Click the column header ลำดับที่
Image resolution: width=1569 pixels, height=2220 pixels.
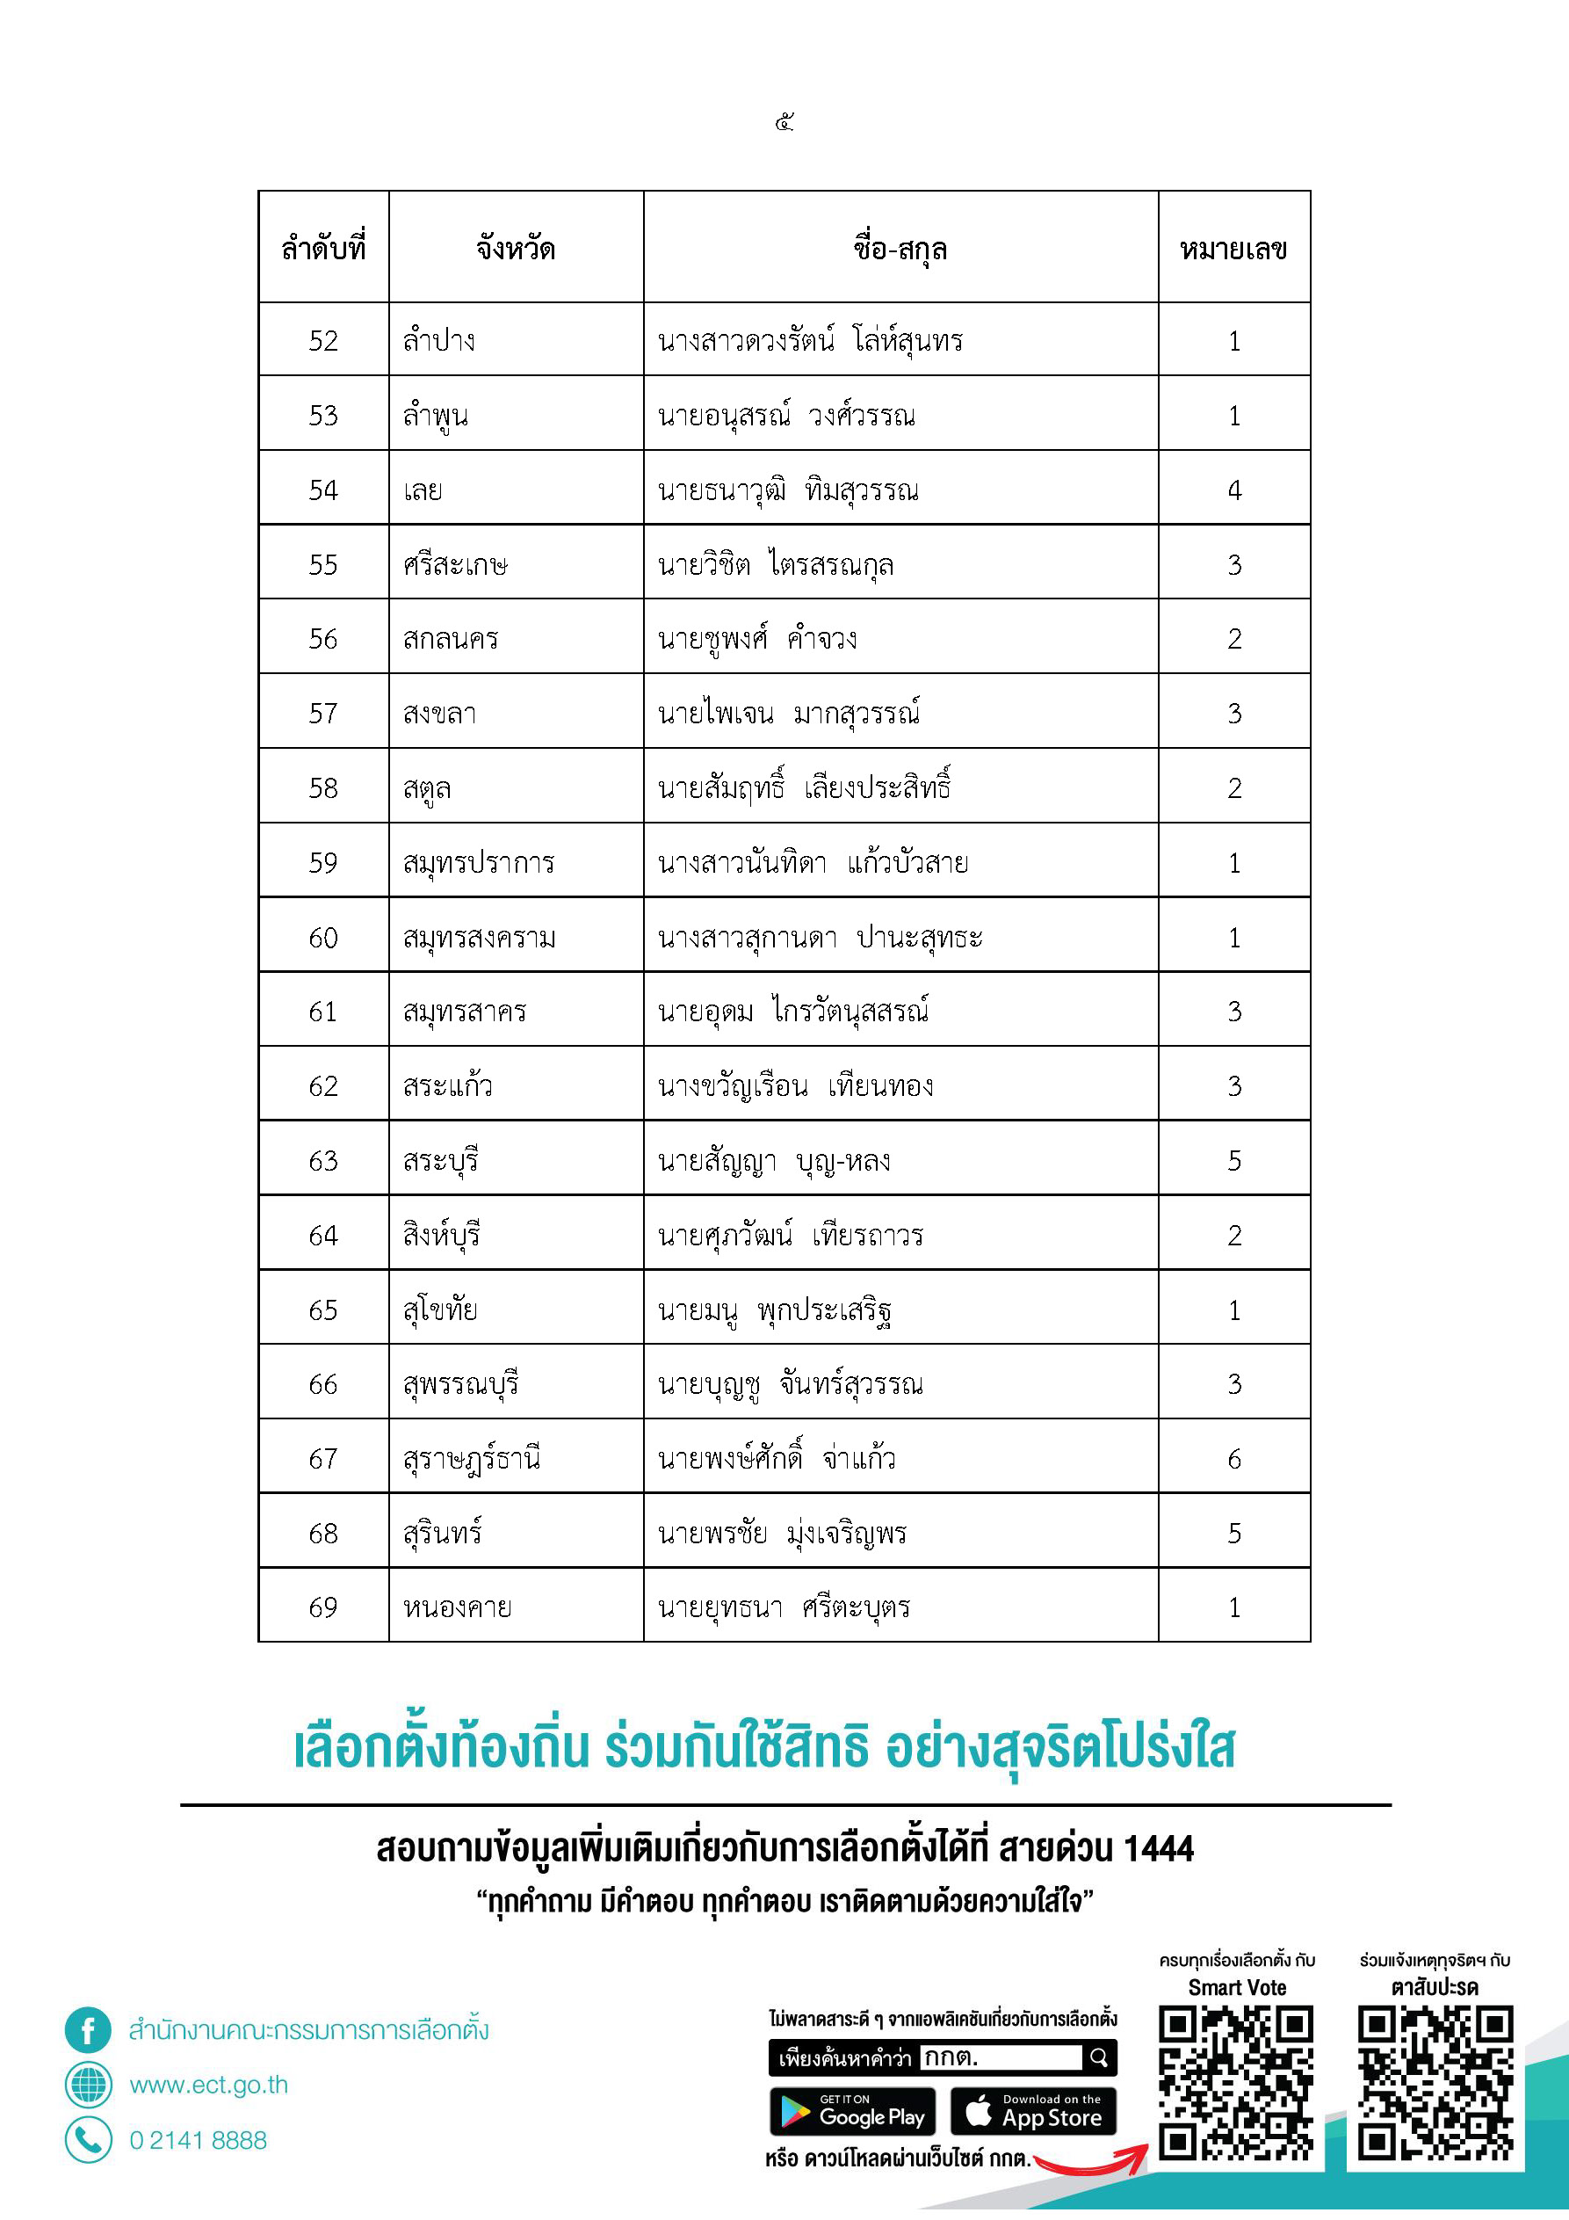[323, 249]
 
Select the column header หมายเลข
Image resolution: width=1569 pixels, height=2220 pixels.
[1233, 249]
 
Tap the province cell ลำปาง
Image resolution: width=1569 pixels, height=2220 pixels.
[439, 340]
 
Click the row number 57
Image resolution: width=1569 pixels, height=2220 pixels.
[323, 714]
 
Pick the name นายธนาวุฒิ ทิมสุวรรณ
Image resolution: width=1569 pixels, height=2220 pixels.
[788, 490]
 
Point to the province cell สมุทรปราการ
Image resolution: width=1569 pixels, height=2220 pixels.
[479, 862]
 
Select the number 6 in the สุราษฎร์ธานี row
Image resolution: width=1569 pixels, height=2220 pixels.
[1233, 1459]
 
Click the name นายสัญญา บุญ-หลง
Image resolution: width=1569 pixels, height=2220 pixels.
[774, 1160]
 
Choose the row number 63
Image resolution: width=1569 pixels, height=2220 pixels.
[323, 1160]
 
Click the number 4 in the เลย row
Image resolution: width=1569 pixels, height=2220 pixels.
[1233, 490]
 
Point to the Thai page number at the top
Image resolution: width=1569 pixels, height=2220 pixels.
[784, 122]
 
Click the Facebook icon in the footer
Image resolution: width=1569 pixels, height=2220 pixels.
[88, 2029]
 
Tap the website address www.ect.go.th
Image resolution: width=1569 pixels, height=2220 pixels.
[209, 2085]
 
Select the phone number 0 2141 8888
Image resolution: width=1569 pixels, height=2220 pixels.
[199, 2141]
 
